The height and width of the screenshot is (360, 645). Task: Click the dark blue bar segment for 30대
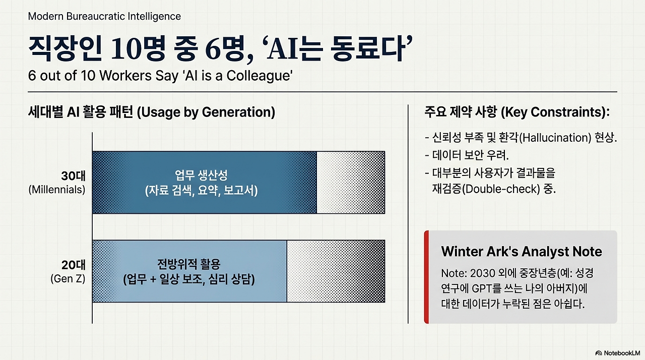[x=205, y=183]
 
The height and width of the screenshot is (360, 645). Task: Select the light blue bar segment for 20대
[x=189, y=271]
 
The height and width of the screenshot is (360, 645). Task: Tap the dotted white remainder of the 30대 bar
[x=351, y=183]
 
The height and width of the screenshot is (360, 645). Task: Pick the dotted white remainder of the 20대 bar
[x=336, y=271]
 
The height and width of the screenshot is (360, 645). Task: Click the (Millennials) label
[x=57, y=190]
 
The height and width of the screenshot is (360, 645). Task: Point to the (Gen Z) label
[x=68, y=278]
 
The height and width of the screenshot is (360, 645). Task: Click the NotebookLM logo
[x=618, y=353]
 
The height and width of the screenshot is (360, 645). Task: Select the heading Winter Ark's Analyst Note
[x=522, y=252]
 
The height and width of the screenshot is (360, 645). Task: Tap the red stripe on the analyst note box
[x=426, y=277]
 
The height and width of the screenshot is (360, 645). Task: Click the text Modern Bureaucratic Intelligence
[x=104, y=17]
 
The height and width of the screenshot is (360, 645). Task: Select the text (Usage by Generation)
[x=206, y=112]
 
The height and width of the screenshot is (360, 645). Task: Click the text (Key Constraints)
[x=555, y=112]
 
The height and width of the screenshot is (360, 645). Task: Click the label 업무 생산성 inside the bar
[x=201, y=175]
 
